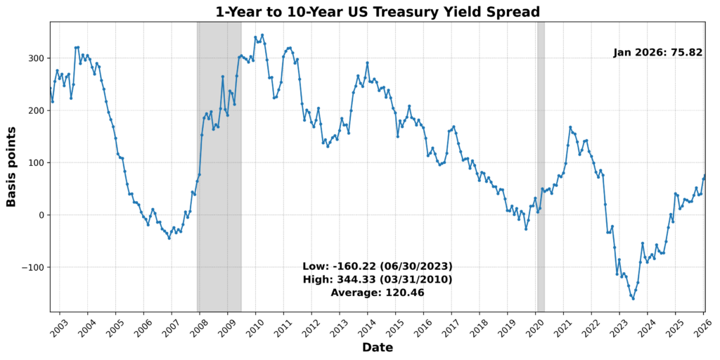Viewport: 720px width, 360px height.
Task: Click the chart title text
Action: pyautogui.click(x=378, y=12)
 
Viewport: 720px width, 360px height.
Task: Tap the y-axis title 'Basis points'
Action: pyautogui.click(x=11, y=167)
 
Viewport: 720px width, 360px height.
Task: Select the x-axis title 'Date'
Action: pyautogui.click(x=377, y=347)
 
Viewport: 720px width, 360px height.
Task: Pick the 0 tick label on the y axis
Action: pyautogui.click(x=41, y=215)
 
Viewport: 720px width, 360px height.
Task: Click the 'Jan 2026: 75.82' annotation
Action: pyautogui.click(x=657, y=53)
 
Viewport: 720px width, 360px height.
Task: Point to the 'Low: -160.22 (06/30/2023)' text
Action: pyautogui.click(x=377, y=266)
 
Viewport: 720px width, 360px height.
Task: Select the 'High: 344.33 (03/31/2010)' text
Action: pyautogui.click(x=377, y=279)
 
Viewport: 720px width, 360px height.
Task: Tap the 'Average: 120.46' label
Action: pyautogui.click(x=377, y=292)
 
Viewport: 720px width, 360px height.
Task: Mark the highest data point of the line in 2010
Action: pyautogui.click(x=262, y=35)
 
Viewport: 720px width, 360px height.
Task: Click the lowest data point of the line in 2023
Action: pyautogui.click(x=633, y=298)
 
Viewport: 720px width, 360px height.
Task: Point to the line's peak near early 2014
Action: pyautogui.click(x=367, y=63)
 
